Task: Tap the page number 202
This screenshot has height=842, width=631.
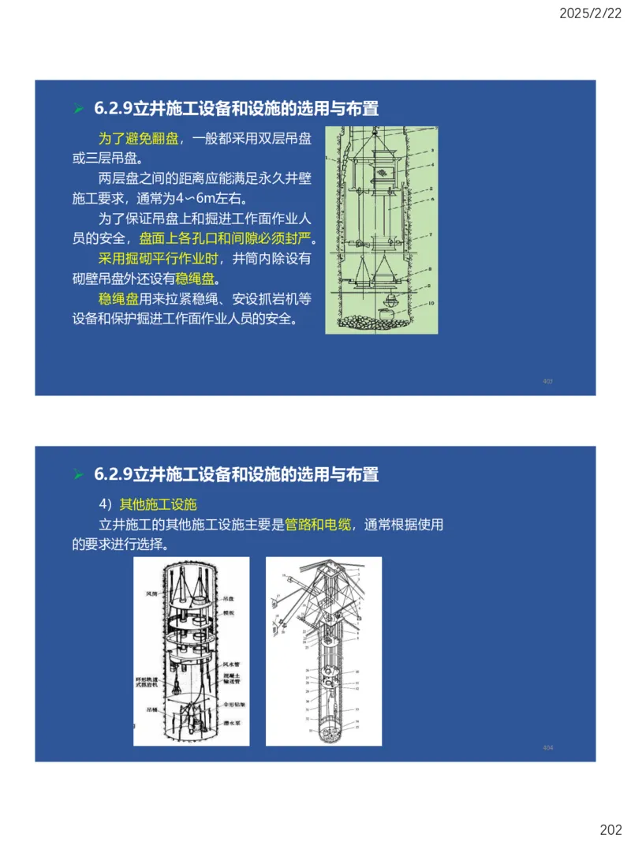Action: tap(610, 829)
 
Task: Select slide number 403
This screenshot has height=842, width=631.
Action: tap(547, 381)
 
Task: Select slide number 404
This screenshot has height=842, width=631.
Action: tap(547, 747)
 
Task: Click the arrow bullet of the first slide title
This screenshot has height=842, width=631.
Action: tap(78, 108)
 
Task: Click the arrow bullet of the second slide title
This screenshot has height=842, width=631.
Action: tap(78, 474)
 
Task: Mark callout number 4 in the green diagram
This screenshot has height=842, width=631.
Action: tap(432, 165)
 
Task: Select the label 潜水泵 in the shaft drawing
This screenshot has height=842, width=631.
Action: tap(232, 721)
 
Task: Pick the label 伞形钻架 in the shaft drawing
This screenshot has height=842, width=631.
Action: tap(233, 705)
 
